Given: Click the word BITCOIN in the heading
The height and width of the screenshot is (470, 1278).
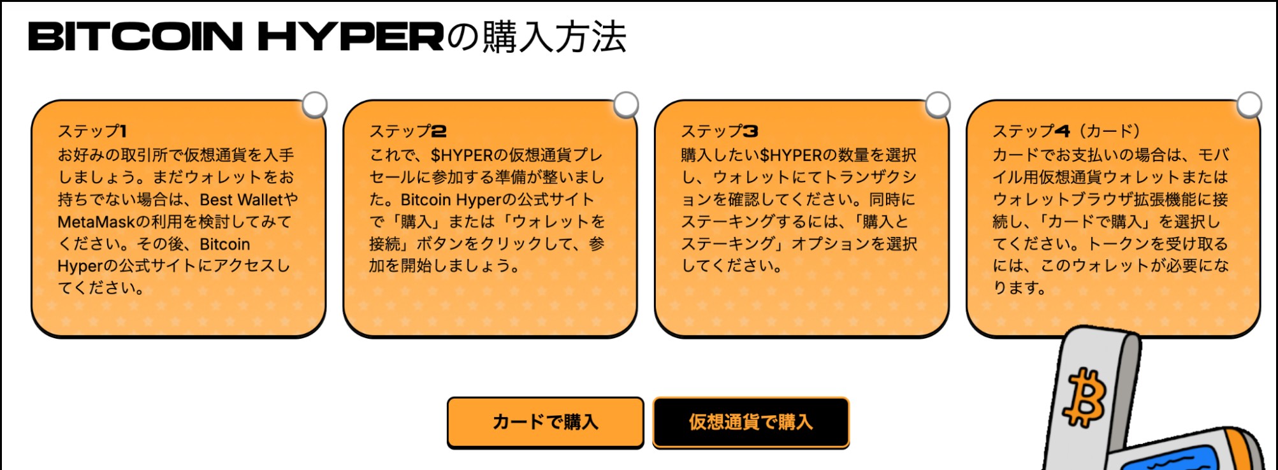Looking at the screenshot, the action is pos(136,36).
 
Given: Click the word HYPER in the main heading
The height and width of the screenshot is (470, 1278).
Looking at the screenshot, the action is pos(351,36).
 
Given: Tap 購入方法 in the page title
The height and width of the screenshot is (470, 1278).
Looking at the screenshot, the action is pos(554,36).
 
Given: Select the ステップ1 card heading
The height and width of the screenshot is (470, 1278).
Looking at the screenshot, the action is pos(92,131).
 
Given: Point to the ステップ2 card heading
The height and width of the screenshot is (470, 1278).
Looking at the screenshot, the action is pos(408,131).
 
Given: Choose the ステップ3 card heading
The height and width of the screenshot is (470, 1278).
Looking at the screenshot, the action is pos(720,131).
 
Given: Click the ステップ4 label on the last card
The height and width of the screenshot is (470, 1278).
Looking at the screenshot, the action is pos(1031,131).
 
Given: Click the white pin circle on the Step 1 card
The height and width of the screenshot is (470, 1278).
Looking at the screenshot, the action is pos(315,104).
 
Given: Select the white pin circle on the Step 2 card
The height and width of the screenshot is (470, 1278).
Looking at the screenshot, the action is pos(626,104).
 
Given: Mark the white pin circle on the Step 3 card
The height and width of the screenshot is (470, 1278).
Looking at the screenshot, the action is pos(938,104).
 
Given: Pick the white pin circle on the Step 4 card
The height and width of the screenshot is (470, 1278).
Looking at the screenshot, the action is pos(1249,104).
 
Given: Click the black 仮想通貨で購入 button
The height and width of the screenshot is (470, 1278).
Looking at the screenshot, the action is pos(751,422).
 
